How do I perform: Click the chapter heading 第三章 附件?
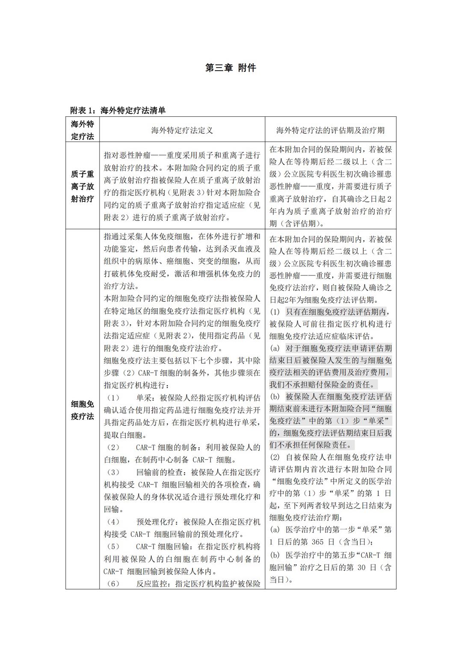231,68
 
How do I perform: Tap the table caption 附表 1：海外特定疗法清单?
118,110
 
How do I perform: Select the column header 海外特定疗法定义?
182,130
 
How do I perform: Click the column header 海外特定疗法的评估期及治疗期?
330,130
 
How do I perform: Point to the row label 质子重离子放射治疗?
82,186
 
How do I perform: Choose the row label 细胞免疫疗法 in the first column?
82,410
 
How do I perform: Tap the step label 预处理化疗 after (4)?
156,522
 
